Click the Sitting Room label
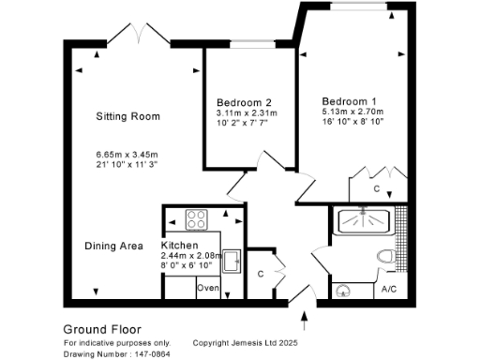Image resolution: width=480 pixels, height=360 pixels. [127, 116]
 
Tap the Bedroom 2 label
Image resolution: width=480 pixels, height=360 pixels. [244, 102]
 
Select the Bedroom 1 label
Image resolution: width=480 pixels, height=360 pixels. [350, 100]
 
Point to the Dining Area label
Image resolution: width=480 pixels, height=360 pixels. [113, 246]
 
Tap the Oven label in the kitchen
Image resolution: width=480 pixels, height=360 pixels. [207, 289]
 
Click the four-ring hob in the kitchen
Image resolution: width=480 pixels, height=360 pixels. [198, 221]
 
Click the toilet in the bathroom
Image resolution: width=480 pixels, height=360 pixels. [384, 256]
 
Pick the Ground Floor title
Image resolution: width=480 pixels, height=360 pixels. [101, 329]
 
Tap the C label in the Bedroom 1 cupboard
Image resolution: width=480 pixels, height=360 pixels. [376, 188]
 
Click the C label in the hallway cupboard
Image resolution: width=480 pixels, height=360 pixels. [261, 274]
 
